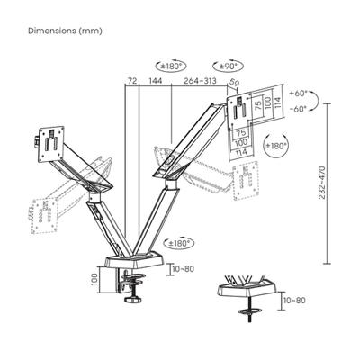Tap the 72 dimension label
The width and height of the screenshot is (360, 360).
[132, 81]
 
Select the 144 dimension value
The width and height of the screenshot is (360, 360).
[155, 81]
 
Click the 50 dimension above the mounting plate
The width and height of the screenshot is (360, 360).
[236, 85]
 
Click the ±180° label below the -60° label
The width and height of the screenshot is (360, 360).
[277, 144]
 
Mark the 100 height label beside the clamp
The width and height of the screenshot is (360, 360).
[93, 281]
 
